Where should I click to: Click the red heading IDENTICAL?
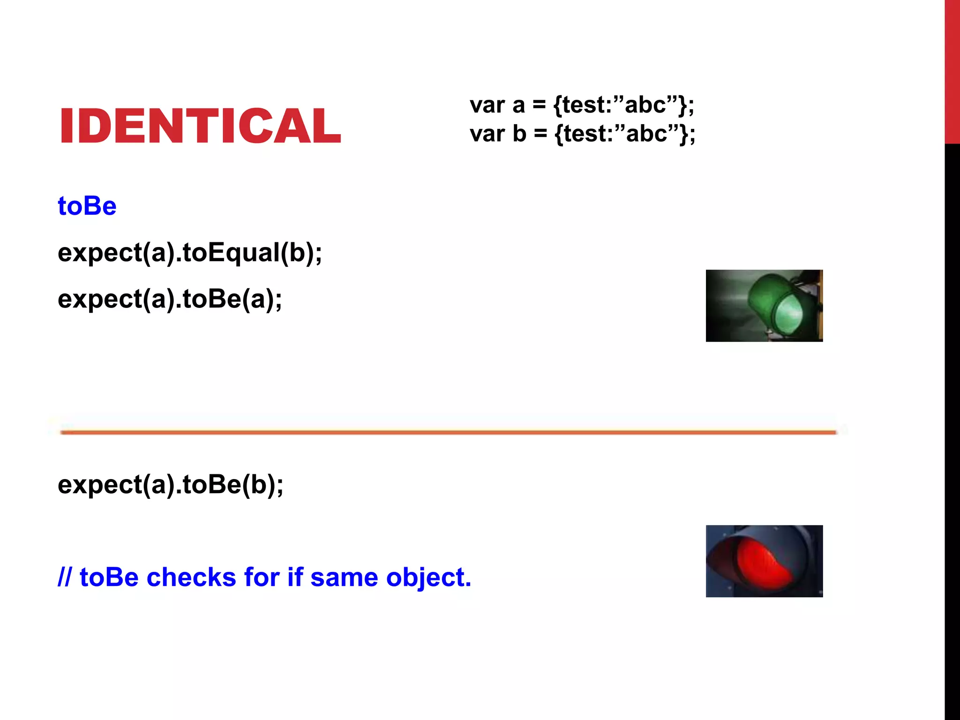point(200,126)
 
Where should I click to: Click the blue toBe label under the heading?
point(87,206)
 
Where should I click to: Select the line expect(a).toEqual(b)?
point(190,253)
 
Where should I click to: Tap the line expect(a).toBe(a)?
point(170,299)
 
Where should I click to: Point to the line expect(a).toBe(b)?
point(171,484)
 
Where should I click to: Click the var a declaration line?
point(582,105)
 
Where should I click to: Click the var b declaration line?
point(582,134)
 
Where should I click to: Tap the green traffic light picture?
point(764,306)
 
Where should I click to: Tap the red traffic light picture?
point(764,561)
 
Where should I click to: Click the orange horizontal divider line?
point(448,432)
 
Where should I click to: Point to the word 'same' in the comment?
point(344,577)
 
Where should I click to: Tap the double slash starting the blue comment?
point(64,577)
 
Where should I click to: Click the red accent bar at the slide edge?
point(952,70)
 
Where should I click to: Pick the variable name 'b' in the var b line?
point(519,134)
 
